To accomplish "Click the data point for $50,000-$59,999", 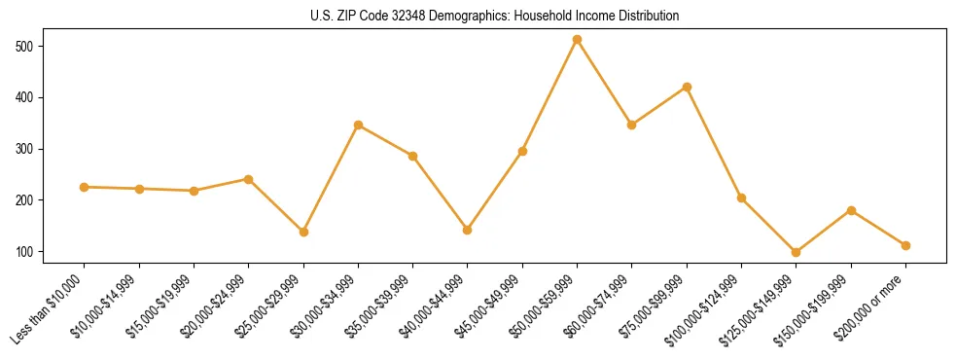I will tap(577, 40).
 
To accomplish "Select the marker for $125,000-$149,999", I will tap(797, 252).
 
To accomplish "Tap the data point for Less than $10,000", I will tap(85, 187).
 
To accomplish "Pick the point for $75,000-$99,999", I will tap(687, 87).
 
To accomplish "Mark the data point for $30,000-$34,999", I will tap(358, 125).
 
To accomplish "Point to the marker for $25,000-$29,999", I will tap(303, 232).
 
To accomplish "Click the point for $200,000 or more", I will tap(905, 245).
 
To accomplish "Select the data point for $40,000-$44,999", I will tap(468, 230).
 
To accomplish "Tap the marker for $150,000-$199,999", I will tap(851, 210).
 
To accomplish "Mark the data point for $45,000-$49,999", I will tap(522, 151).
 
